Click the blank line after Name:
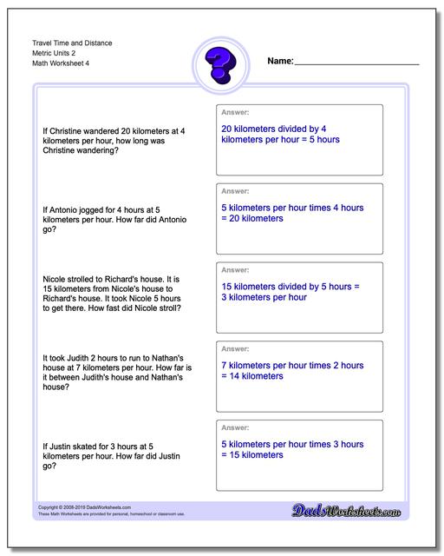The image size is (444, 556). (x=357, y=64)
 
